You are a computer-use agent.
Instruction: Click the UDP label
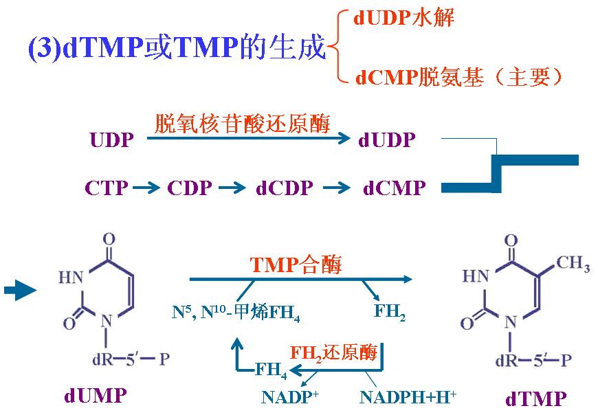pos(112,140)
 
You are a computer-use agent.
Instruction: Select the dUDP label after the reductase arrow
pos(387,140)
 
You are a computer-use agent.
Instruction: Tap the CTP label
pos(107,188)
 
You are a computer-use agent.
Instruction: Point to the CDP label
pos(190,188)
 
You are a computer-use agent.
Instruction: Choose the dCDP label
pos(285,188)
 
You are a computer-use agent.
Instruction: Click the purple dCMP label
pos(395,188)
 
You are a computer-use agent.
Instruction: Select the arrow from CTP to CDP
pos(146,188)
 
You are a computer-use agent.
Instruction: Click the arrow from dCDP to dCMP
pos(337,188)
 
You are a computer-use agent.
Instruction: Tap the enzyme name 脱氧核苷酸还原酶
pos(242,124)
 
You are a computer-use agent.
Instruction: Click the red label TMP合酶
pos(296,265)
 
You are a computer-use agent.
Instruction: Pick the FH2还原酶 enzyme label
pos(333,352)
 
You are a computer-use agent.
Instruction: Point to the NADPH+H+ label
pos(408,396)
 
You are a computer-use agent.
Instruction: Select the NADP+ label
pos(290,396)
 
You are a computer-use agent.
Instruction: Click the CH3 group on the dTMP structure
pos(573,263)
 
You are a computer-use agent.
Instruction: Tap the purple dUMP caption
pos(96,396)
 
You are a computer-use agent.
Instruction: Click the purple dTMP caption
pos(536,399)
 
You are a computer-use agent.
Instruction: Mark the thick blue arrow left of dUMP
pos(20,291)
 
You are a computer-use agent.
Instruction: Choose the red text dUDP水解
pos(404,18)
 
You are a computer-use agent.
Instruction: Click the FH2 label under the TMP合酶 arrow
pos(390,312)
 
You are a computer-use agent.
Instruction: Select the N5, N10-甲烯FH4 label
pos(236,313)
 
